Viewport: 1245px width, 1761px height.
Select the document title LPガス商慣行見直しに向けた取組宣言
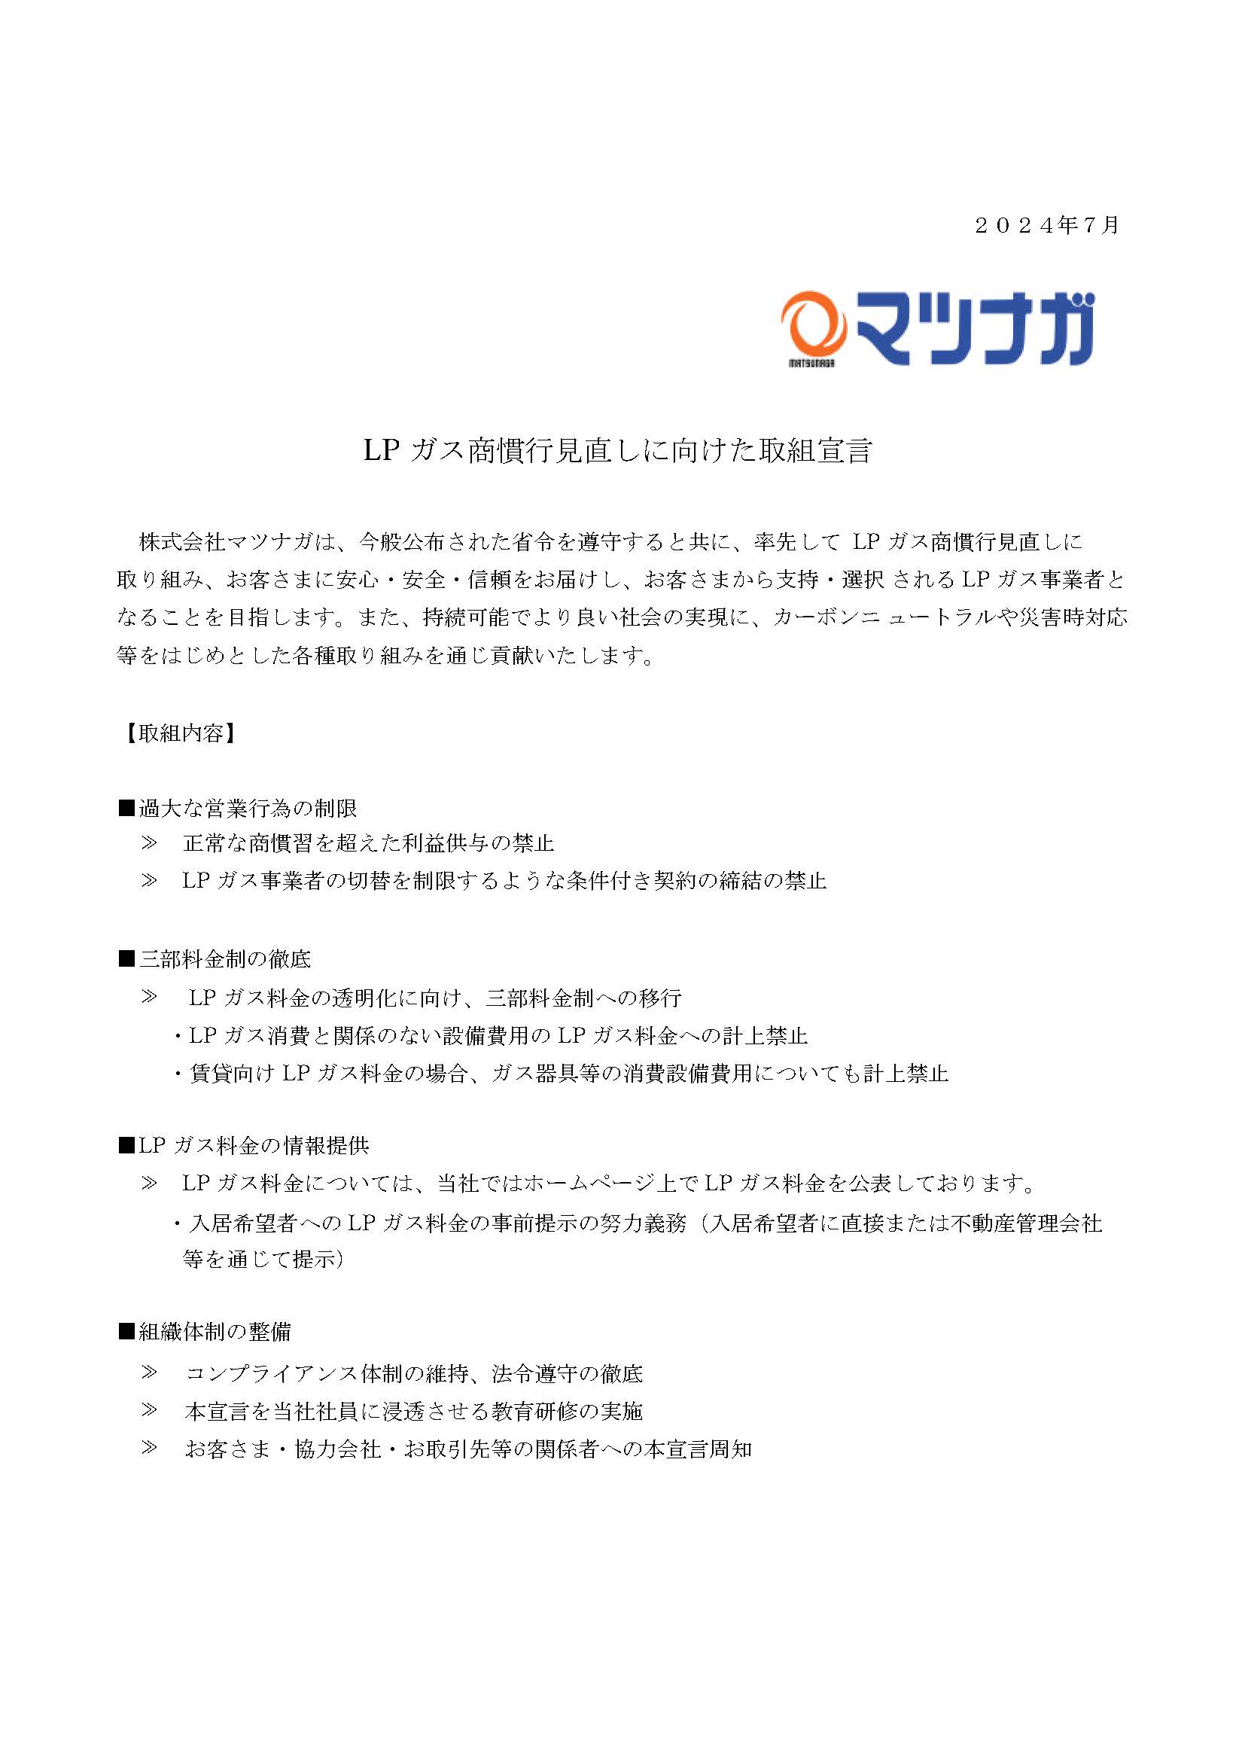tap(618, 451)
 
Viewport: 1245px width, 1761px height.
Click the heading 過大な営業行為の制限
tap(247, 808)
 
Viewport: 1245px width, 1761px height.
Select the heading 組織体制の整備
tap(214, 1333)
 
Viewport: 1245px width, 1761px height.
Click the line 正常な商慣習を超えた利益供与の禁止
tap(368, 844)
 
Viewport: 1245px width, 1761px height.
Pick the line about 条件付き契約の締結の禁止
tap(504, 881)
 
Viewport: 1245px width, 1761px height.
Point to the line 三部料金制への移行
tap(434, 997)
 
